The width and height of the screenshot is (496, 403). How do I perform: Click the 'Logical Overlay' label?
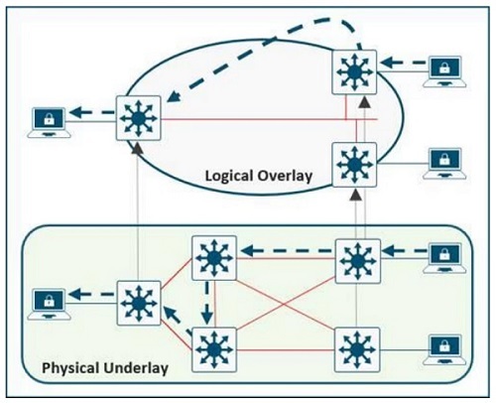point(259,176)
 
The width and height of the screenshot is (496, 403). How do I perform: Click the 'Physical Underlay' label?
point(105,368)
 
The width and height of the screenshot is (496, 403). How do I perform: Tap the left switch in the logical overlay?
point(139,118)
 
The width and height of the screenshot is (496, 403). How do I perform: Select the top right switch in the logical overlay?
point(354,72)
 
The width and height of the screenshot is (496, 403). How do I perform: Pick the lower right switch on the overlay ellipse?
point(354,165)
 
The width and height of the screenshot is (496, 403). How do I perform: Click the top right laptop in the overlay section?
point(444,71)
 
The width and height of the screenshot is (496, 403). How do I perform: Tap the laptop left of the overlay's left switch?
point(49,122)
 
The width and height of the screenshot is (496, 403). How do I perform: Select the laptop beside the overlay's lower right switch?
point(444,164)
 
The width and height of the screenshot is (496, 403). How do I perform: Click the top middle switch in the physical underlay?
point(214,258)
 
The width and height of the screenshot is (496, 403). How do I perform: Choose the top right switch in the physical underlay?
point(358,261)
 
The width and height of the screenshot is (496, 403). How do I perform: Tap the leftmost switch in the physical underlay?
point(139,303)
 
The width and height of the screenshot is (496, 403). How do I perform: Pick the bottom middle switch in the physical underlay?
point(214,349)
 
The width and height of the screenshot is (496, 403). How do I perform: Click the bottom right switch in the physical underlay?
point(357,349)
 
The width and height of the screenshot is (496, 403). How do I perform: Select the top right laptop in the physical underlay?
point(444,258)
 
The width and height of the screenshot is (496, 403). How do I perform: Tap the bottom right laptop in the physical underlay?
point(444,350)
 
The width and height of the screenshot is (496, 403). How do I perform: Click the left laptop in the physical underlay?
point(49,305)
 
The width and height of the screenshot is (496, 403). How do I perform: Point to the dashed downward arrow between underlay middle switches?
point(207,303)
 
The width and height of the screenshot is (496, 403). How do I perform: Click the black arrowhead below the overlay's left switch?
point(137,148)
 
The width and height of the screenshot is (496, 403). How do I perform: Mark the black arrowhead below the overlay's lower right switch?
point(355,195)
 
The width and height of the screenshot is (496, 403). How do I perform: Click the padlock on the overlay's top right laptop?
point(444,68)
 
